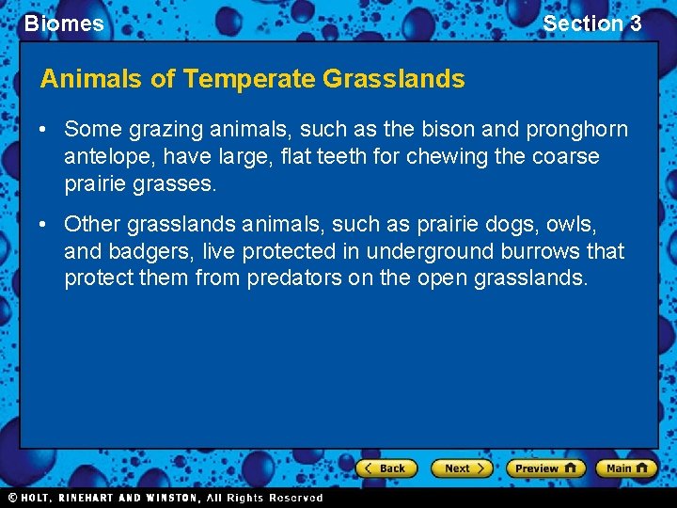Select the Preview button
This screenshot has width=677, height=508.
545,468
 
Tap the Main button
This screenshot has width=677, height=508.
628,468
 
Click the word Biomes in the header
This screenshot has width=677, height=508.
64,24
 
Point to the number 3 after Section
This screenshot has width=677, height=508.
635,24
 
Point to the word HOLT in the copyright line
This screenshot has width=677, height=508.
39,498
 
